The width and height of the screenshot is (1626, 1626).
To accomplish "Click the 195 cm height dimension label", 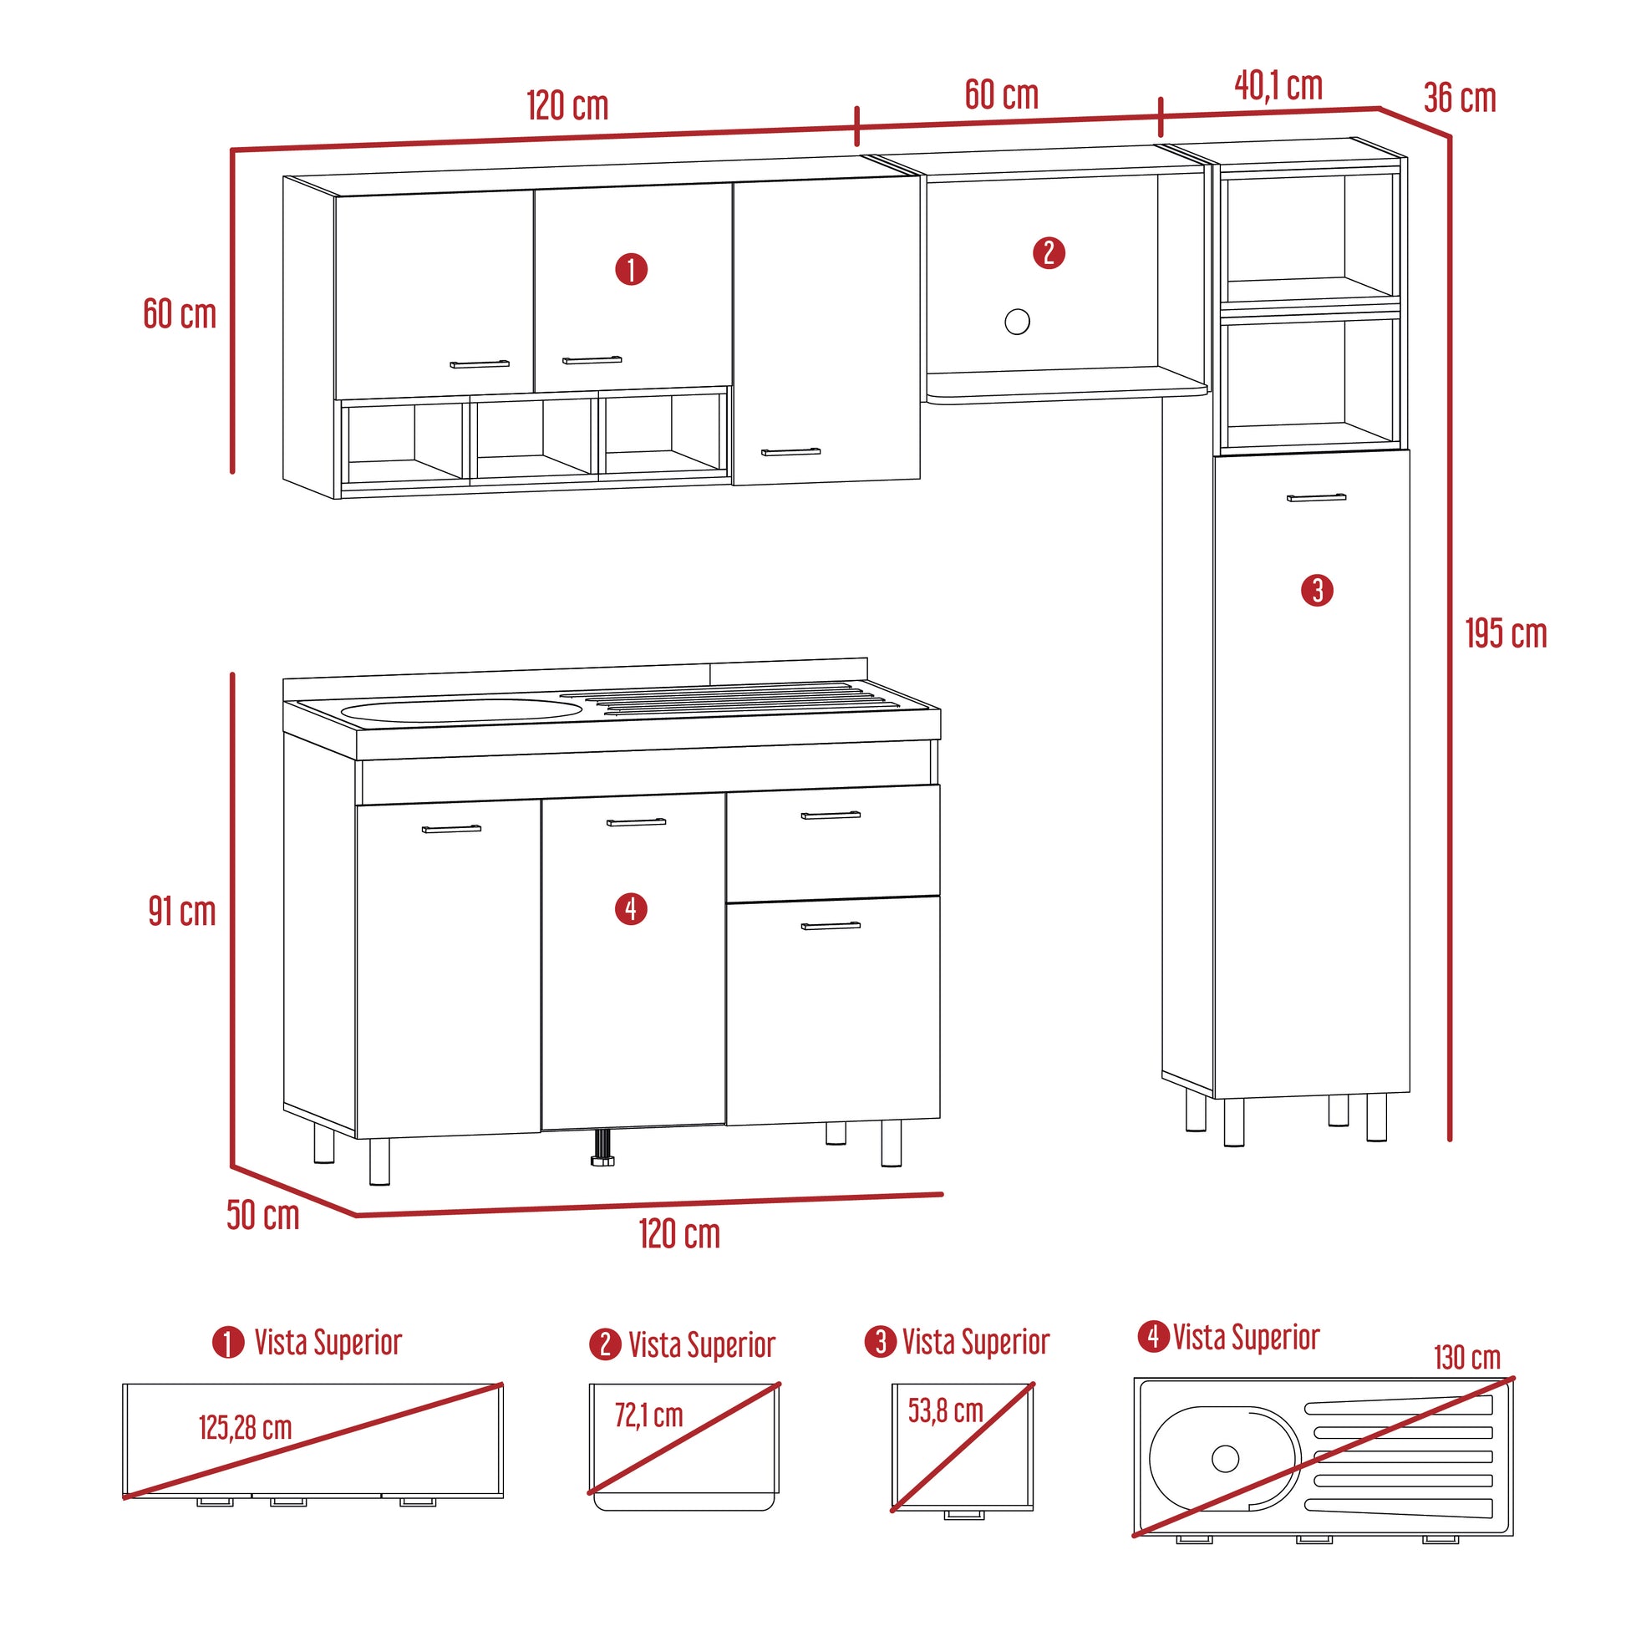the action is [1506, 633].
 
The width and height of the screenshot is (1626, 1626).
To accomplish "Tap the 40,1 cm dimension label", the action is [1278, 86].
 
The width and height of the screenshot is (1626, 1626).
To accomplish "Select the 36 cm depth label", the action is [1461, 99].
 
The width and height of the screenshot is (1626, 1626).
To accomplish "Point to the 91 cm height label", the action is [182, 912].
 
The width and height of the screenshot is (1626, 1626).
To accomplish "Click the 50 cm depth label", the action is [262, 1215].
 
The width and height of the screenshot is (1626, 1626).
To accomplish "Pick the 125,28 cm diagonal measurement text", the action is [245, 1427].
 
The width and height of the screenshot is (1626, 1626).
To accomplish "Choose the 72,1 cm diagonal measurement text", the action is [648, 1415].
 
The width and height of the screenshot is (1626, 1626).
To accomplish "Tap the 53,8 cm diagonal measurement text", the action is [945, 1410].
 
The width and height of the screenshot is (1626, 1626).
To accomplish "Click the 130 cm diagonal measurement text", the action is [1467, 1358].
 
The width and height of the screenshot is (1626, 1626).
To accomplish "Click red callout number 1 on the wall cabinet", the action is [631, 269].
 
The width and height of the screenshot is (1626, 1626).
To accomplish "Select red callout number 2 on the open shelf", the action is [1049, 252].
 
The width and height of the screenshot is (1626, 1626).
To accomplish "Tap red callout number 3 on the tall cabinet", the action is [1317, 590].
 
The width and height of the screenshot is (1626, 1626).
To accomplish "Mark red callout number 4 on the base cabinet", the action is [631, 909].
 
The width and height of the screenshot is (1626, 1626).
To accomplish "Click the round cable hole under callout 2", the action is [1018, 322].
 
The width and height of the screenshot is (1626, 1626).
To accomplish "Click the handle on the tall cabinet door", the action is [1316, 497].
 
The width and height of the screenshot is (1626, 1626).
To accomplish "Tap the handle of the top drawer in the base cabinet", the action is [831, 815].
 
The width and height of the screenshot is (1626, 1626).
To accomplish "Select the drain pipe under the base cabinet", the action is [602, 1147].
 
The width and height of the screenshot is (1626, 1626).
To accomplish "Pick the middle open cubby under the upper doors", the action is [534, 440].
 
